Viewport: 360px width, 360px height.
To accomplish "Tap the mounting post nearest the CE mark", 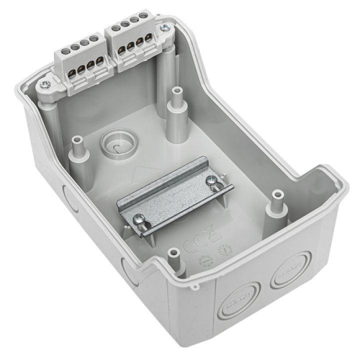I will tap(173, 256).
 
